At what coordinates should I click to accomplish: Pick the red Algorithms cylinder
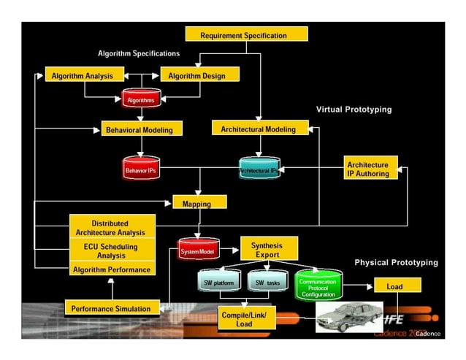[141, 99]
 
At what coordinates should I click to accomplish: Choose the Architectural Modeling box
[259, 129]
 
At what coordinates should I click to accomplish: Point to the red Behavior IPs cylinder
[141, 169]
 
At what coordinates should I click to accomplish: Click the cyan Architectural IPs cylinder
[259, 170]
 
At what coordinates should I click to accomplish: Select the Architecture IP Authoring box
[372, 169]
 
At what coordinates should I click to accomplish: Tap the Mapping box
[199, 202]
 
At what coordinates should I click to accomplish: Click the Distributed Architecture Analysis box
[112, 227]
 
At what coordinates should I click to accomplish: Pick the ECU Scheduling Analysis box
[112, 250]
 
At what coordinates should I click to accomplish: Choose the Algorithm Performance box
[112, 269]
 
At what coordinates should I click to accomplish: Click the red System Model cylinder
[198, 251]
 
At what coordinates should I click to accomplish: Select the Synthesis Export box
[267, 250]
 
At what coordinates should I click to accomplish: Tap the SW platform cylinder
[217, 282]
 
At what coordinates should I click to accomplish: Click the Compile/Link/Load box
[245, 319]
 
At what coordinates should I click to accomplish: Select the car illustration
[348, 317]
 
